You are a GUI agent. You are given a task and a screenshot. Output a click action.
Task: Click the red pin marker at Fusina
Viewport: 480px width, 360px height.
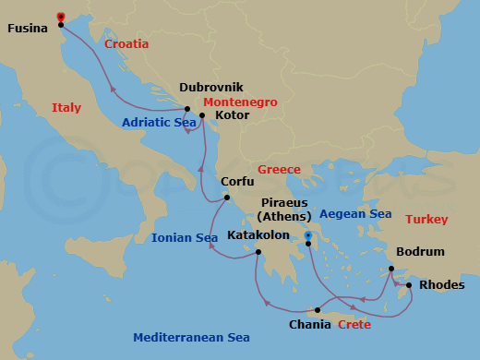61,17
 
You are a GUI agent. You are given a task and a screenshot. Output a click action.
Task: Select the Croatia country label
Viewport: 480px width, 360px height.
127,43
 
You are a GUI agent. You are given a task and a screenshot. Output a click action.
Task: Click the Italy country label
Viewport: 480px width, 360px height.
66,108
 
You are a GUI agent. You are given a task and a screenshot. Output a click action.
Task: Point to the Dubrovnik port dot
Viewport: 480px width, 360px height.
187,109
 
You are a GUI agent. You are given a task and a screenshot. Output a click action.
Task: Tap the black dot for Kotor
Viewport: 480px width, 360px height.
202,116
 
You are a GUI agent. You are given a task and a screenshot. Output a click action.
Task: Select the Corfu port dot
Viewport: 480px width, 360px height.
227,198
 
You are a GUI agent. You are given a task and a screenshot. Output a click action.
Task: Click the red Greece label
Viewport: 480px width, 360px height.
279,170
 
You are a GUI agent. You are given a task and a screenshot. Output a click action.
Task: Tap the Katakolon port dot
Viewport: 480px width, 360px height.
258,252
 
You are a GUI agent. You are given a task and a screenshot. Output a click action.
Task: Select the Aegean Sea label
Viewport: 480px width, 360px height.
355,213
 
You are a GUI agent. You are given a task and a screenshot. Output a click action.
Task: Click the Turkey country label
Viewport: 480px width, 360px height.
426,219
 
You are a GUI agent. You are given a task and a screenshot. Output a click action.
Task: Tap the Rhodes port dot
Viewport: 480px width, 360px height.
409,285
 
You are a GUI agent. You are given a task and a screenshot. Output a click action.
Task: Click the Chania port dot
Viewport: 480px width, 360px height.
317,309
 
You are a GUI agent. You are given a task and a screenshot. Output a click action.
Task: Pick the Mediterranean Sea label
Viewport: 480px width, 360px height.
191,337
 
